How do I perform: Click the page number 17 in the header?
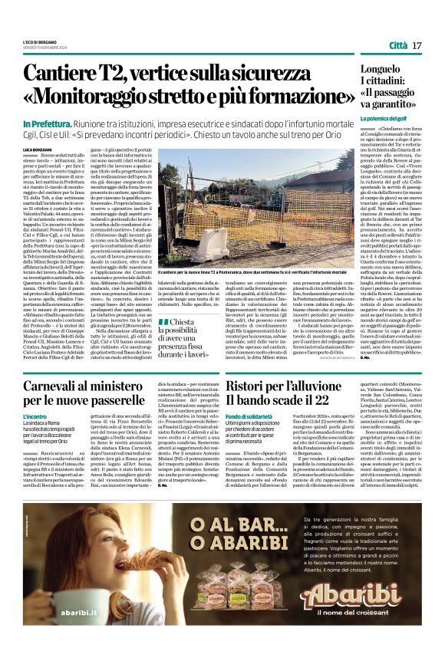417,47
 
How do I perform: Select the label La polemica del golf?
388,119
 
